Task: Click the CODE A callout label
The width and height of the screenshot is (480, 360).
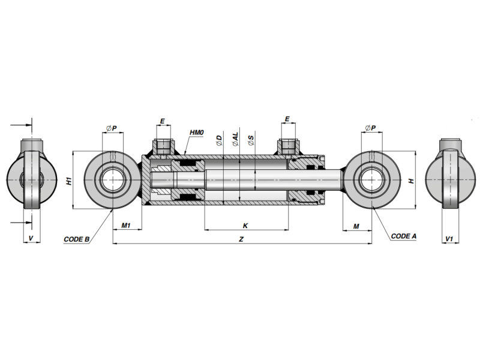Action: point(403,236)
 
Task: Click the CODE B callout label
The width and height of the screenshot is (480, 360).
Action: point(77,239)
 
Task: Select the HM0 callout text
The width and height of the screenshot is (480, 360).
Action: point(197,133)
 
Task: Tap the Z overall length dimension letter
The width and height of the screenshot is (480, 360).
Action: point(241,239)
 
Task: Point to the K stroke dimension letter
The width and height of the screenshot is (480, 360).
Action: point(245,226)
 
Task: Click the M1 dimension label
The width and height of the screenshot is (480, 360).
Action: point(126,226)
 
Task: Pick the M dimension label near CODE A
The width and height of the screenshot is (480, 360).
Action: point(356,226)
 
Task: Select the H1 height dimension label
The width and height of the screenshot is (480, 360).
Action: point(69,181)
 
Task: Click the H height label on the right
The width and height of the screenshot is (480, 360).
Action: point(412,181)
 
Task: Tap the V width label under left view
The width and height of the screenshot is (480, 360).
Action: point(31,238)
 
